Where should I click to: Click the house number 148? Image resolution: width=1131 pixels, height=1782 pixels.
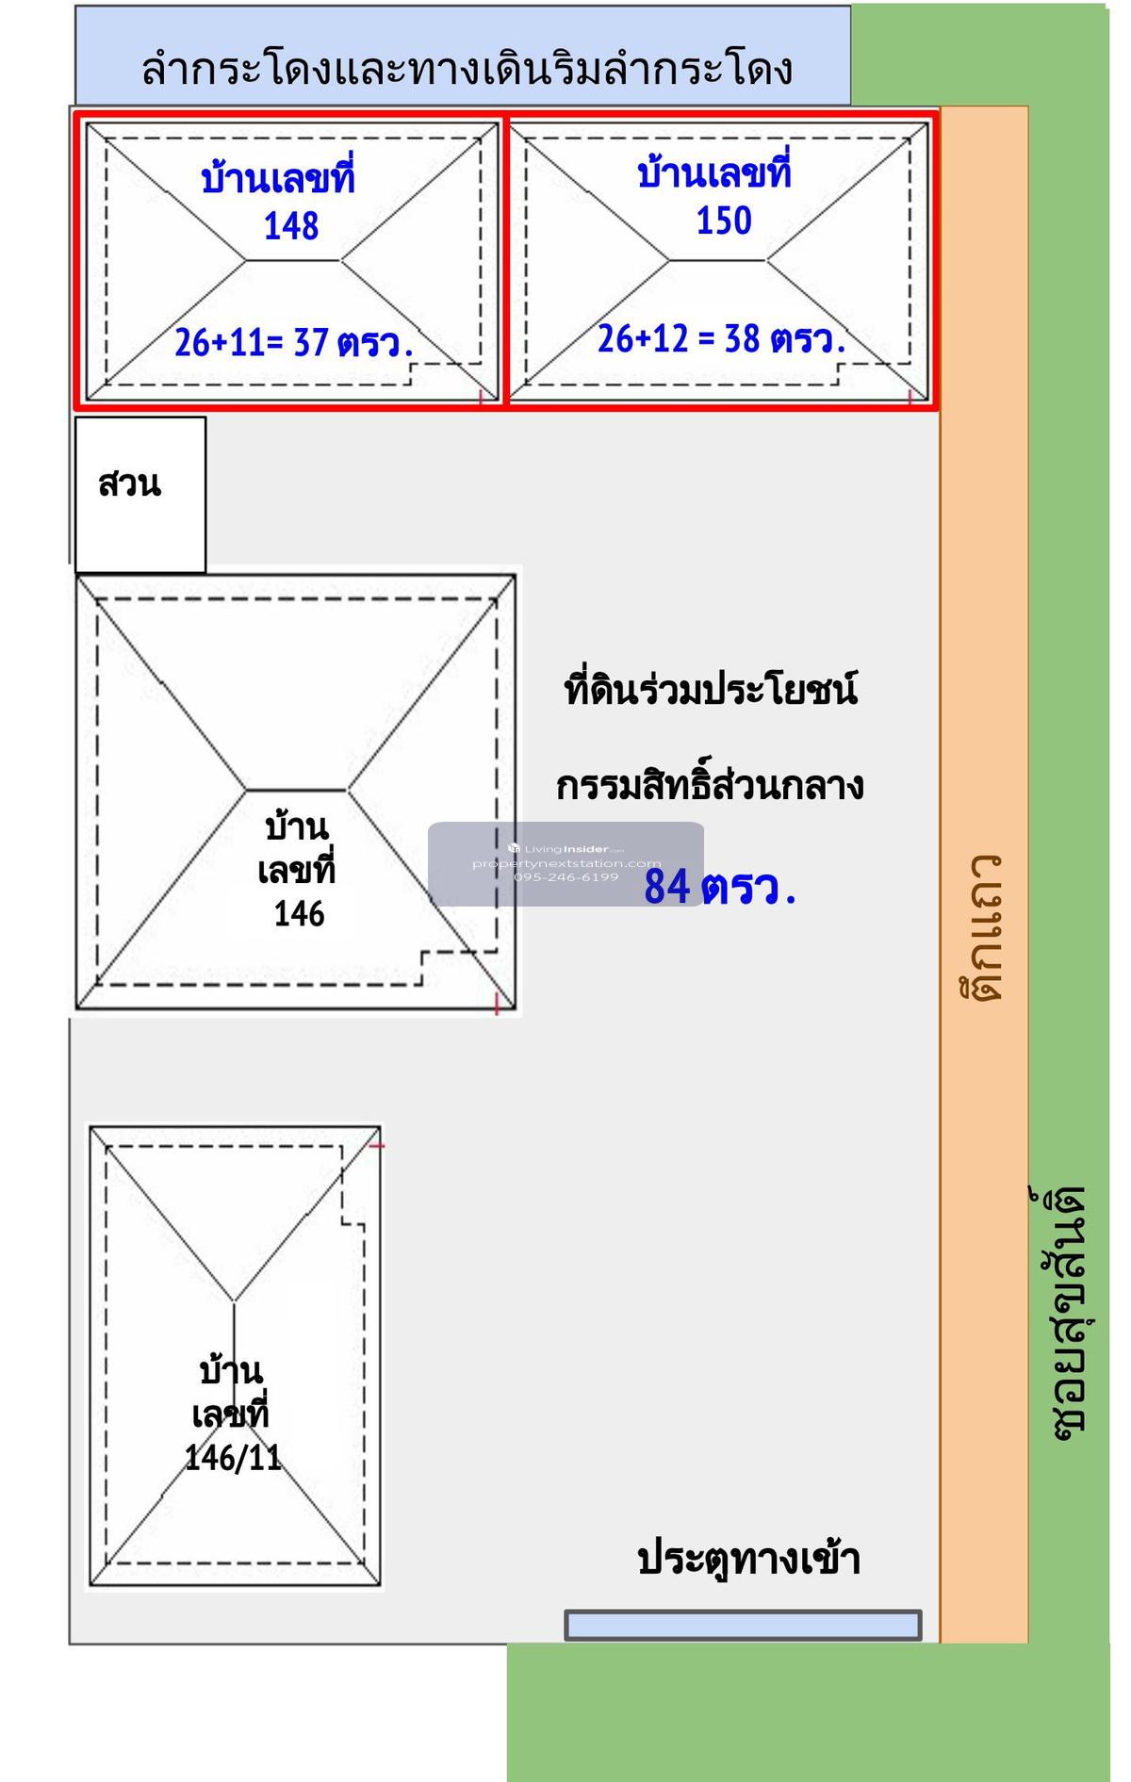tap(291, 227)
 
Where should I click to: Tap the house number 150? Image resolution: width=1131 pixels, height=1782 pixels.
tap(724, 221)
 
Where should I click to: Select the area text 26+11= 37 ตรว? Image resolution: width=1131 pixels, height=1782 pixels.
tap(293, 343)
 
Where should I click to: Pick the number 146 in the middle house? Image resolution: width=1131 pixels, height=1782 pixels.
tap(299, 914)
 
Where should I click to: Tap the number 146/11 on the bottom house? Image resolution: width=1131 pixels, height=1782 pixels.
tap(233, 1458)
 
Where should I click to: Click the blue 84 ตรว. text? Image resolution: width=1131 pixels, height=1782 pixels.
tap(720, 888)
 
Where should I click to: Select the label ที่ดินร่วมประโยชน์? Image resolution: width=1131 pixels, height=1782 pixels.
tap(711, 690)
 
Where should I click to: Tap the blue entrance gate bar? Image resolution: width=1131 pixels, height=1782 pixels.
tap(743, 1626)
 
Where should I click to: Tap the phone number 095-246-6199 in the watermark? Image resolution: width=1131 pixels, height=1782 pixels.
tap(566, 877)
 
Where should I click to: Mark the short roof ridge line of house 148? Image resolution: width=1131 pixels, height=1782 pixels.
tap(293, 261)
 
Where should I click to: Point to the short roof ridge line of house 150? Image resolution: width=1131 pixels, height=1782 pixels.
tap(718, 261)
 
